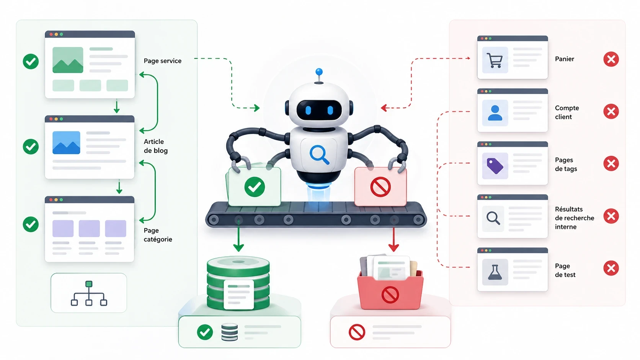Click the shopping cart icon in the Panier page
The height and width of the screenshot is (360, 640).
[495, 60]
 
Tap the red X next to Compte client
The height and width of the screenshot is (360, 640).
[611, 111]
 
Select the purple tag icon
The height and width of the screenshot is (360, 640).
[495, 166]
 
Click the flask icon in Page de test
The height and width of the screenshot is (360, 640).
[495, 272]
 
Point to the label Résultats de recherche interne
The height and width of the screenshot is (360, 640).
[574, 218]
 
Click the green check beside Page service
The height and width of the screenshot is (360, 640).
[31, 61]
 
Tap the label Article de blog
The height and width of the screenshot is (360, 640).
[156, 146]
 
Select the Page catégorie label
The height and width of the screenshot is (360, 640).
[158, 235]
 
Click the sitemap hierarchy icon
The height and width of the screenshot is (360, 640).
[89, 293]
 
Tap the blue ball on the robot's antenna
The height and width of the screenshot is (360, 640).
[319, 72]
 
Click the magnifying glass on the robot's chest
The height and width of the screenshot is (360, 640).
[319, 155]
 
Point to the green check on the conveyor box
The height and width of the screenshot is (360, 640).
[255, 187]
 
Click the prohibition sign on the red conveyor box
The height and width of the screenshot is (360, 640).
[380, 187]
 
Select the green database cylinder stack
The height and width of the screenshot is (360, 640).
[238, 283]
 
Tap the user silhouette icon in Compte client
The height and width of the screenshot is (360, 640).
[495, 113]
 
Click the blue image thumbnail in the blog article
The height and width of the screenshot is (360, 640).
[66, 143]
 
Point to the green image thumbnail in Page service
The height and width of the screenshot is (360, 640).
[68, 60]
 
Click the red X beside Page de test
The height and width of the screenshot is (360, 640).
[611, 268]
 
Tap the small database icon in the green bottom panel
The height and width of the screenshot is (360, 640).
[229, 332]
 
